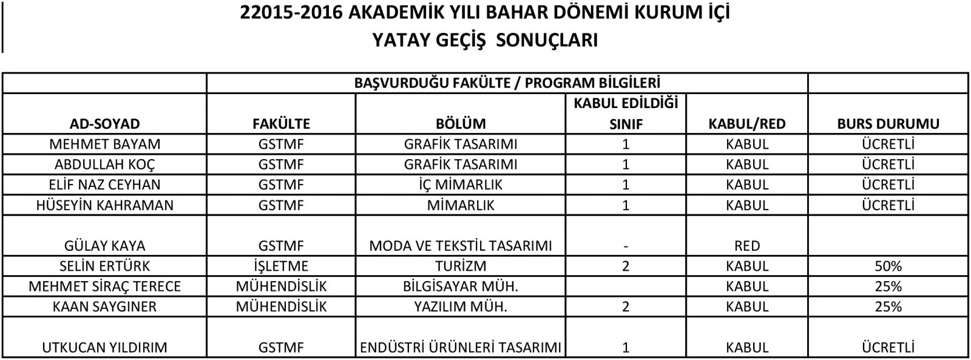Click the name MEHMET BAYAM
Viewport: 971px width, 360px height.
click(104, 144)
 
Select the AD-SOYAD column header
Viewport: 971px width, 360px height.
click(104, 124)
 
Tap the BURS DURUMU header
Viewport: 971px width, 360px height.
click(888, 124)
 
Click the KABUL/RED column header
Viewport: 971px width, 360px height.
click(746, 124)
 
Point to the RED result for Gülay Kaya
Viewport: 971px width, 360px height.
click(746, 246)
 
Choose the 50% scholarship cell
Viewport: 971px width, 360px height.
click(888, 266)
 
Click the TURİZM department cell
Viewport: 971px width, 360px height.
click(461, 266)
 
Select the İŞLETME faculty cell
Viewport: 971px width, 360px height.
click(280, 266)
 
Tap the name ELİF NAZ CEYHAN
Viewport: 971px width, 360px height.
click(104, 185)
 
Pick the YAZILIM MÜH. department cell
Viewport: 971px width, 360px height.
click(461, 307)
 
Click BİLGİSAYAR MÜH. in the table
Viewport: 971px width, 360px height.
click(461, 286)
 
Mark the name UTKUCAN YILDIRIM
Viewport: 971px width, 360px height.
click(104, 348)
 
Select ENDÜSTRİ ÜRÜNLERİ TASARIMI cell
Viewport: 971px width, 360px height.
click(461, 348)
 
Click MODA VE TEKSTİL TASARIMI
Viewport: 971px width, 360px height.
click(461, 246)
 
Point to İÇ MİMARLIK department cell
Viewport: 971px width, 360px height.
click(461, 185)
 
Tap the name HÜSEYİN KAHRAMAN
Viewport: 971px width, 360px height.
click(104, 205)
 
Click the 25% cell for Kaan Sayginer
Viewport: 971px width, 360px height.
click(888, 307)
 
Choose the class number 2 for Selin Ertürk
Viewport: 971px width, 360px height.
click(626, 266)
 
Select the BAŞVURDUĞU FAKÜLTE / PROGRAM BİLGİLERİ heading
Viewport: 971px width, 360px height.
click(507, 83)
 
